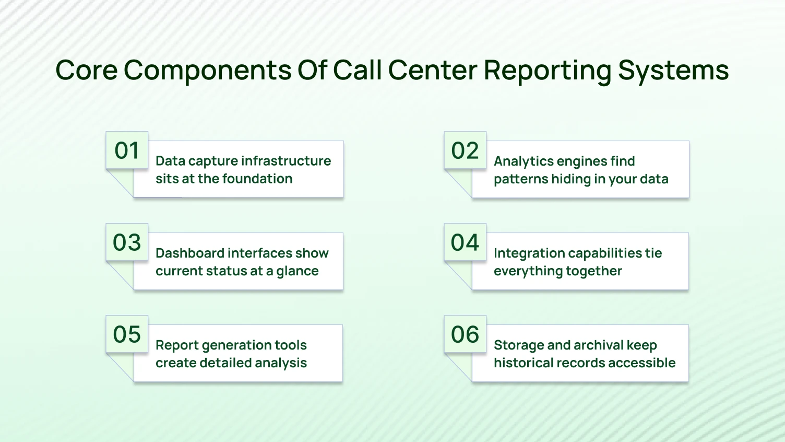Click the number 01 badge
tap(127, 150)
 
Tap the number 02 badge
tap(465, 150)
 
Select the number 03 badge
tap(127, 242)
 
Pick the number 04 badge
tap(465, 242)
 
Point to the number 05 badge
tap(127, 334)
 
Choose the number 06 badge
tap(465, 334)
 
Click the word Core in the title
tap(86, 70)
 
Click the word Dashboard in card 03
tap(190, 253)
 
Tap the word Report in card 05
tap(176, 345)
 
